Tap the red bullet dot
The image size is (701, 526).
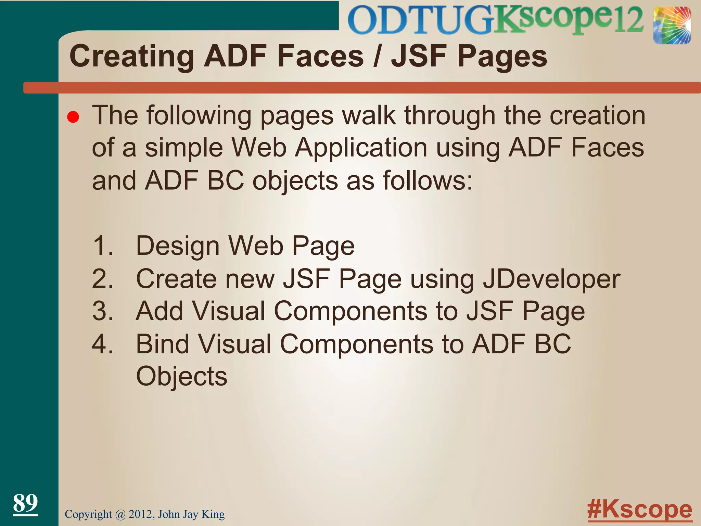tap(73, 117)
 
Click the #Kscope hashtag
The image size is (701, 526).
tap(639, 509)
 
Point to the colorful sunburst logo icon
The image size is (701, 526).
tap(672, 26)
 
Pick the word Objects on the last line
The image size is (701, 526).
tap(182, 376)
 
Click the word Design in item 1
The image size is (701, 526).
tap(178, 246)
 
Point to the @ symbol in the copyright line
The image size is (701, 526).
tap(120, 514)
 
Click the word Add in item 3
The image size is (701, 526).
tap(160, 311)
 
